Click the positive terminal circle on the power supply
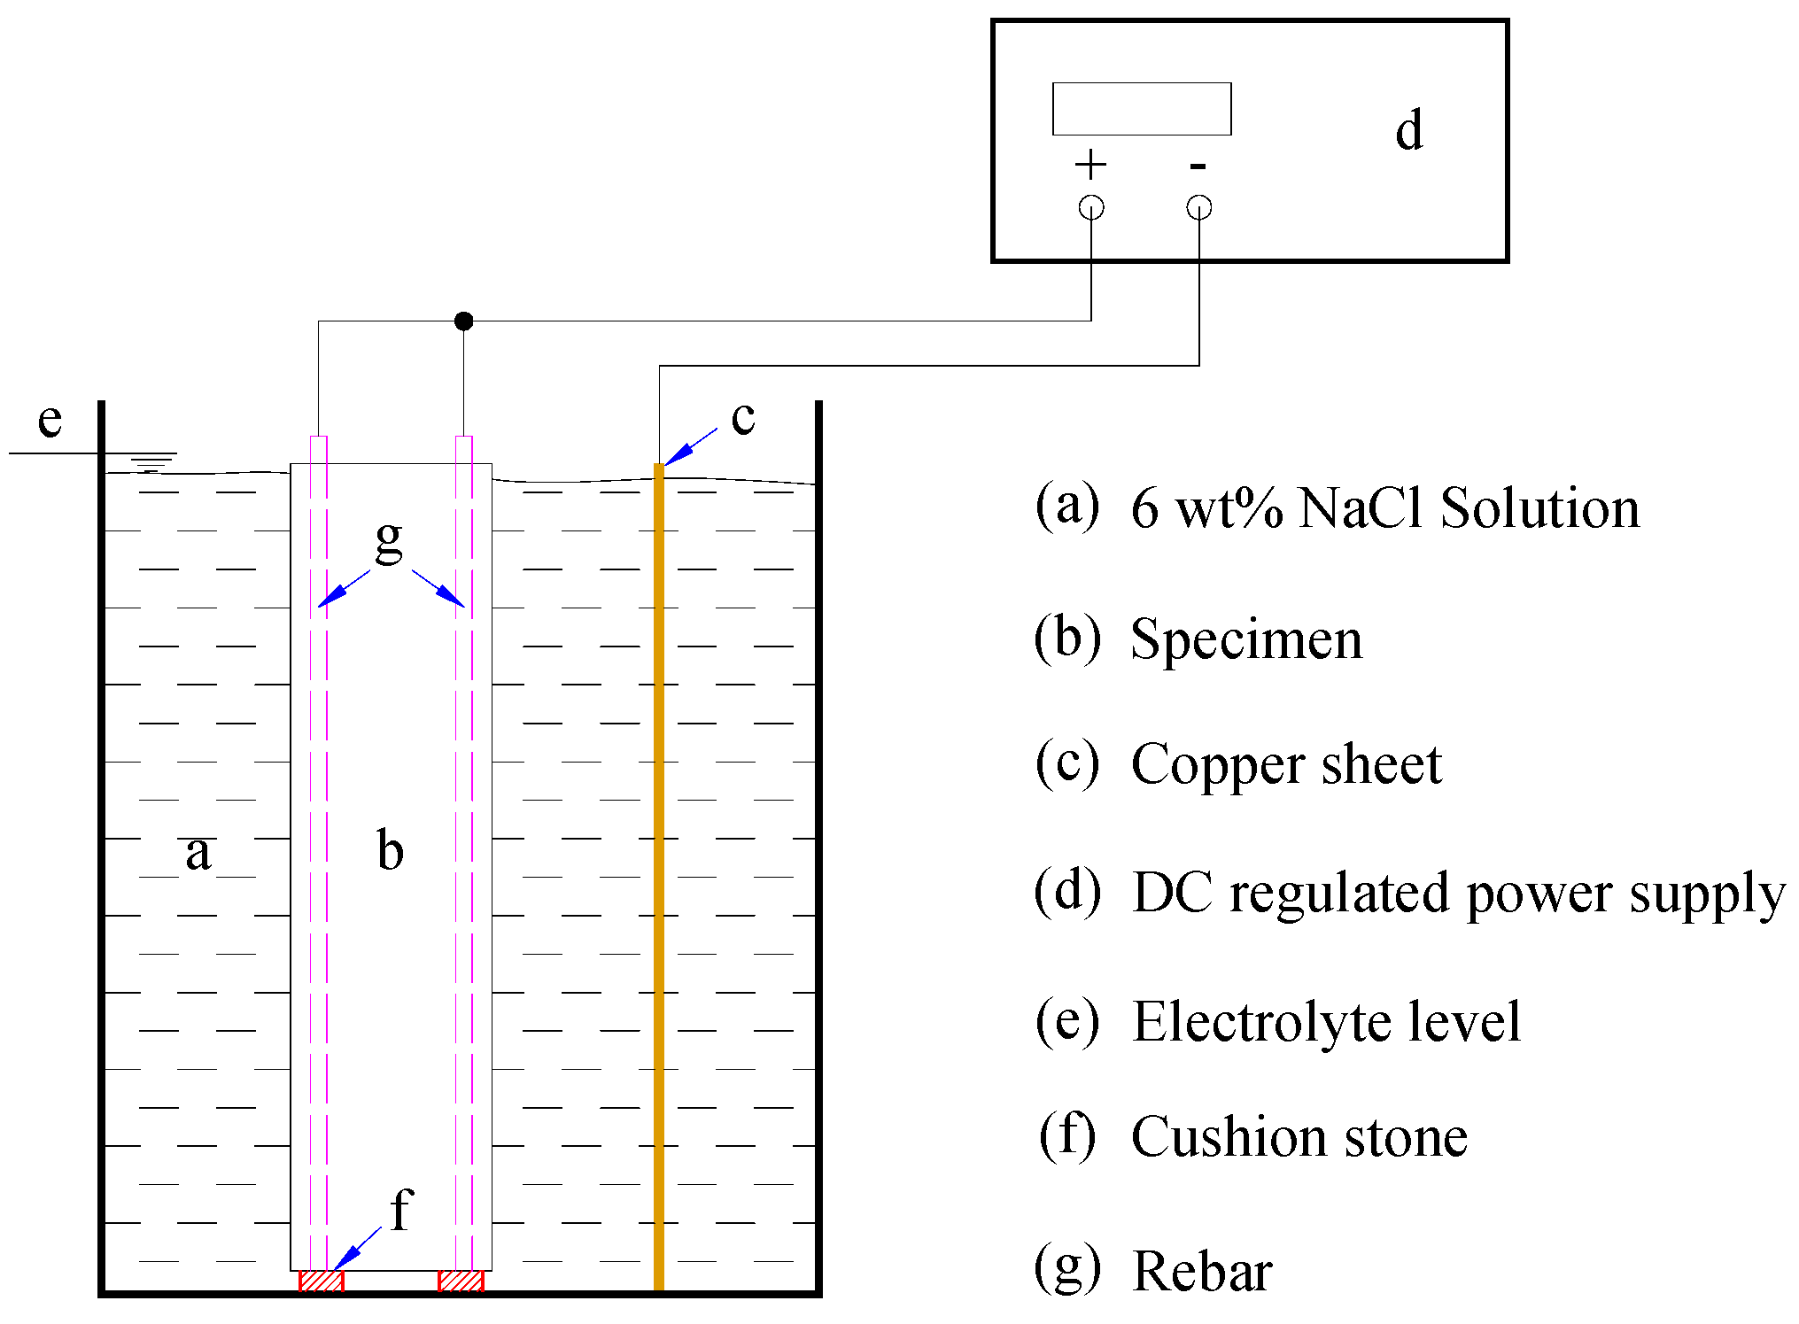click(x=1091, y=207)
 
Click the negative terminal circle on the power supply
click(x=1198, y=207)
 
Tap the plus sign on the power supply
click(x=1090, y=165)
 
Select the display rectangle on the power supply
click(x=1142, y=109)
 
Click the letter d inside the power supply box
click(x=1408, y=130)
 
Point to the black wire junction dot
click(x=463, y=321)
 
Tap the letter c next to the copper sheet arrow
click(x=742, y=417)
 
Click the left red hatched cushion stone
click(x=321, y=1281)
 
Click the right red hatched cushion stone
click(x=461, y=1281)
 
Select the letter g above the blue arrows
click(x=389, y=538)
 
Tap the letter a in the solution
click(x=198, y=853)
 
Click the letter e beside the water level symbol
click(x=50, y=420)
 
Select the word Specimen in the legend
click(x=1246, y=639)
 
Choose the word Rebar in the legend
click(x=1202, y=1273)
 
